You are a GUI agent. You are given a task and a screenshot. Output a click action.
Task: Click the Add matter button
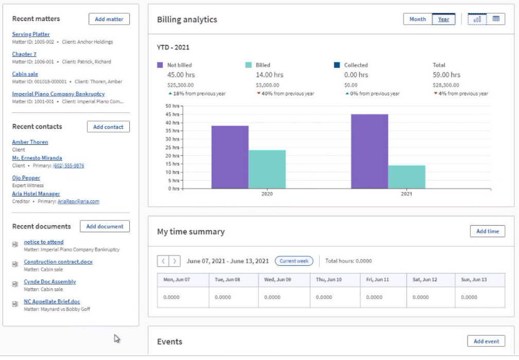point(109,19)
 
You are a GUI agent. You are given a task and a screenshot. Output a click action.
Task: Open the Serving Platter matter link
point(30,35)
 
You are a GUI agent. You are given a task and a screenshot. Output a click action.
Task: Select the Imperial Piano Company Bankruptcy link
point(58,94)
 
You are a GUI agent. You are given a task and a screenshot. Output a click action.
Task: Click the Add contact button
point(108,127)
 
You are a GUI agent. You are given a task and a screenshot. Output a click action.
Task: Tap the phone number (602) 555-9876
point(68,165)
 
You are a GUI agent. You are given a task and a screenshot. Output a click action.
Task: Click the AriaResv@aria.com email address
point(78,201)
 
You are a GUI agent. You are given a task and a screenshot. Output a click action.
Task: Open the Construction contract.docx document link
point(58,262)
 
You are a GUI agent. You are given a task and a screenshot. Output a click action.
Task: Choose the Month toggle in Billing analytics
point(418,20)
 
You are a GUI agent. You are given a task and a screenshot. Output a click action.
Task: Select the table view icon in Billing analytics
point(496,19)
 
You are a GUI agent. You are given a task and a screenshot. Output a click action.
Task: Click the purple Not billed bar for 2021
point(369,151)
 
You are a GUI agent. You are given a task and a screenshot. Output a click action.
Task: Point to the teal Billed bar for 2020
point(267,169)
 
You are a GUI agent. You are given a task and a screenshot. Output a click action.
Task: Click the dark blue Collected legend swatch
point(337,65)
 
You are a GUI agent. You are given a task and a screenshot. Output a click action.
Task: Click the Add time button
point(487,231)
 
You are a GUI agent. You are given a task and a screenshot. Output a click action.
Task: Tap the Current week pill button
point(293,261)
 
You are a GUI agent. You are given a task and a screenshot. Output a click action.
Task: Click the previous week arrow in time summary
point(163,261)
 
